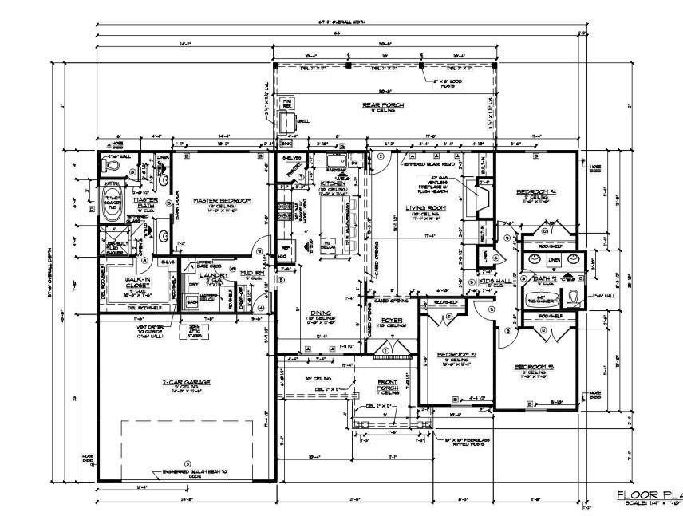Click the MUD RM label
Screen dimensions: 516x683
252,273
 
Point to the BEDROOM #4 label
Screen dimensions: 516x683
535,192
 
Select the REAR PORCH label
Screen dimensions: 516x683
384,104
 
